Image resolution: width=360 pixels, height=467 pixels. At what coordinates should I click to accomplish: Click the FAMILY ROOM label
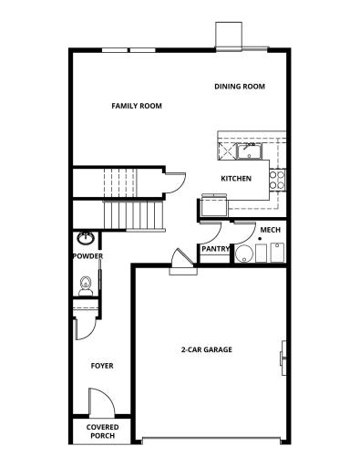(x=137, y=106)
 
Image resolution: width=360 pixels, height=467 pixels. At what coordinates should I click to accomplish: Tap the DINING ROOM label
(x=240, y=87)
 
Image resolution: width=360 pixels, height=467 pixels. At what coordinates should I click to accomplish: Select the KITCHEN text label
(x=236, y=178)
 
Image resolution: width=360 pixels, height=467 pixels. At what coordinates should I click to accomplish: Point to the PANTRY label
(x=215, y=248)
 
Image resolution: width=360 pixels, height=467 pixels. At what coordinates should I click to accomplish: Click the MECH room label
(x=269, y=230)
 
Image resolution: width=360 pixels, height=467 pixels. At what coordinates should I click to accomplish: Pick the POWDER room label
(x=87, y=256)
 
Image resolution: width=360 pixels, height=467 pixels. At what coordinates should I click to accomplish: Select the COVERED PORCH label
(x=102, y=431)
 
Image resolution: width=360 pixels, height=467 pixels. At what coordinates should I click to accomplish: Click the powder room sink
(x=86, y=239)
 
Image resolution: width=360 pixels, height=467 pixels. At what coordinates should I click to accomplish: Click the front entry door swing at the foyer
(x=98, y=401)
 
